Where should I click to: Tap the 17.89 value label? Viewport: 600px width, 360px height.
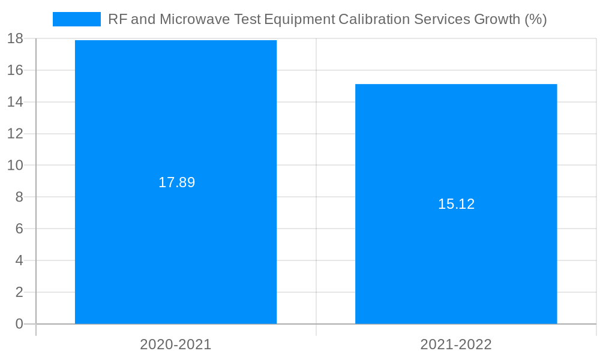click(176, 182)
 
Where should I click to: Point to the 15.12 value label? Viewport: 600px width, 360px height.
click(456, 204)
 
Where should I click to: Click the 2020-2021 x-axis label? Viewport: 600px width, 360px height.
click(176, 344)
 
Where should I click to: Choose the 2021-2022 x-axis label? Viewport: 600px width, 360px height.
click(456, 344)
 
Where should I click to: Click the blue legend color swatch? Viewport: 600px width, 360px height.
click(77, 19)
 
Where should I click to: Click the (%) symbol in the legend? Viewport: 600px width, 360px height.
click(535, 19)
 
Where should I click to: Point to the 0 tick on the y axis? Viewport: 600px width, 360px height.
click(19, 324)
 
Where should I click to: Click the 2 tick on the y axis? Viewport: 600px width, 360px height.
click(19, 292)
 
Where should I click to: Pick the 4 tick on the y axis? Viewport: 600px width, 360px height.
click(19, 260)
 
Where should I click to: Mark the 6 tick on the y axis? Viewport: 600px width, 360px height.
click(19, 229)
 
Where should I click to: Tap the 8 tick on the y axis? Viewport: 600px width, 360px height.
click(19, 197)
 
